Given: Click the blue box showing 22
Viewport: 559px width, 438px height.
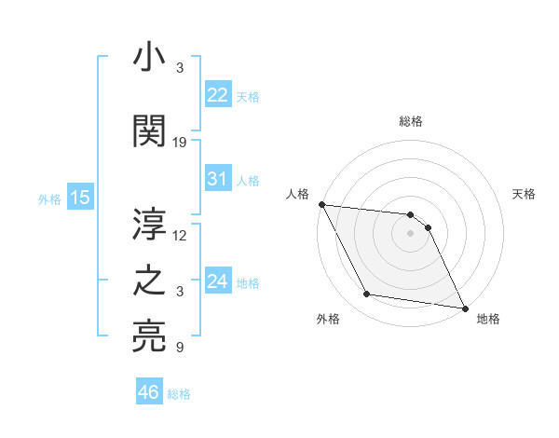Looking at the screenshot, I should pyautogui.click(x=217, y=95).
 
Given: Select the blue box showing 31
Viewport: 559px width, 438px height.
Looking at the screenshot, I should pyautogui.click(x=217, y=179).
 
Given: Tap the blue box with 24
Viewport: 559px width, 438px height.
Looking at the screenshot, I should pyautogui.click(x=217, y=281).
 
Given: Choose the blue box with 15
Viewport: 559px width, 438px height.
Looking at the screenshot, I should pyautogui.click(x=79, y=198).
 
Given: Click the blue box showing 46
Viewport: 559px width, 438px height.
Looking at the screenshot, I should pyautogui.click(x=148, y=392).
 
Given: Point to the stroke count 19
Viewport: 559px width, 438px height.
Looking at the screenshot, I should pyautogui.click(x=180, y=143).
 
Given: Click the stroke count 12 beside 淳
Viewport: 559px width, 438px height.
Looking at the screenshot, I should pyautogui.click(x=180, y=236).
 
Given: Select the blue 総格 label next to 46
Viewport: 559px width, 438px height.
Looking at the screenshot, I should pyautogui.click(x=179, y=394).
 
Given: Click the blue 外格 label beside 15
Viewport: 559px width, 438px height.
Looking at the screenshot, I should pyautogui.click(x=49, y=198).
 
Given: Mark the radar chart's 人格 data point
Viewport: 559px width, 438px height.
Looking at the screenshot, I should pyautogui.click(x=321, y=204).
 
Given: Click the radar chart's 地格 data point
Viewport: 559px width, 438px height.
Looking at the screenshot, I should pyautogui.click(x=464, y=308).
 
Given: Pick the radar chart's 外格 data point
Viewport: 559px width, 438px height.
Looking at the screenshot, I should pyautogui.click(x=367, y=295).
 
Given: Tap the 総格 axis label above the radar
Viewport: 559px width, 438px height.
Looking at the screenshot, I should pyautogui.click(x=410, y=121).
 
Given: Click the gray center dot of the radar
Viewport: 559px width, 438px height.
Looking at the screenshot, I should pyautogui.click(x=410, y=233).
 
